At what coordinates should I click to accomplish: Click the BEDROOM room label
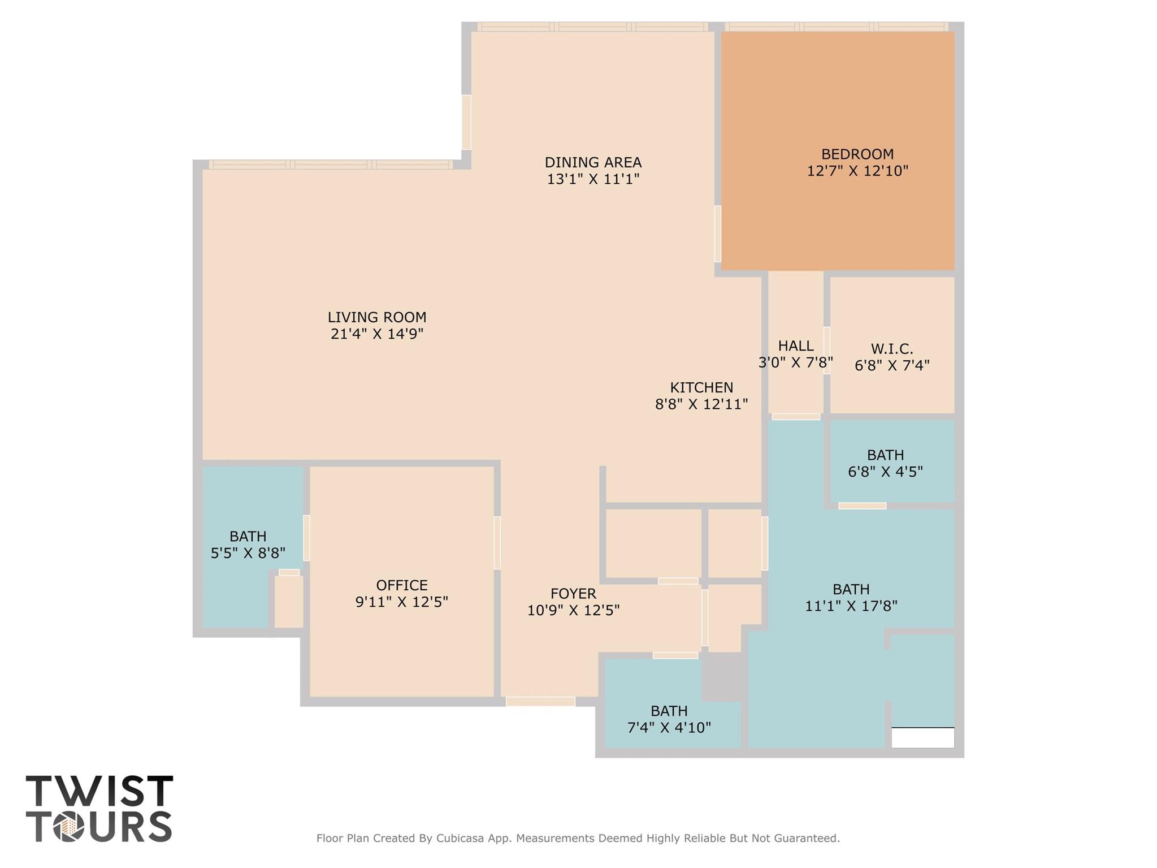click(857, 154)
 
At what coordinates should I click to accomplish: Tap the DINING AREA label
click(593, 162)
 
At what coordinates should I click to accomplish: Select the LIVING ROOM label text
click(377, 317)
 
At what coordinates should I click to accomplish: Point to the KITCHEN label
click(701, 387)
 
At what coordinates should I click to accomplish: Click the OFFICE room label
click(402, 585)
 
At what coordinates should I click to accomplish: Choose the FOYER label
click(573, 593)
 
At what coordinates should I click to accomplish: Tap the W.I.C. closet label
click(892, 349)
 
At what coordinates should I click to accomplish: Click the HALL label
click(796, 346)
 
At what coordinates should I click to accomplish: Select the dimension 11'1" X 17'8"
click(851, 606)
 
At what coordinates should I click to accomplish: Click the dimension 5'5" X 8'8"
click(248, 552)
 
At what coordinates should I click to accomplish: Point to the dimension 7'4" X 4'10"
click(669, 727)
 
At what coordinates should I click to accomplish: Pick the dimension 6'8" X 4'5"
click(885, 471)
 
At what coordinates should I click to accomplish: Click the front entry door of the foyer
click(540, 701)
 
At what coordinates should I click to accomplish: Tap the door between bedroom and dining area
click(718, 234)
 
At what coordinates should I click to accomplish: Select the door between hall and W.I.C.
click(826, 350)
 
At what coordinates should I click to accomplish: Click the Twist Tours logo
click(99, 809)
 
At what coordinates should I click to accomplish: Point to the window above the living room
click(331, 165)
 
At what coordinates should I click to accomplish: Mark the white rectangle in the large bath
click(922, 737)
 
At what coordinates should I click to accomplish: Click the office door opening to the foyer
click(497, 543)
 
